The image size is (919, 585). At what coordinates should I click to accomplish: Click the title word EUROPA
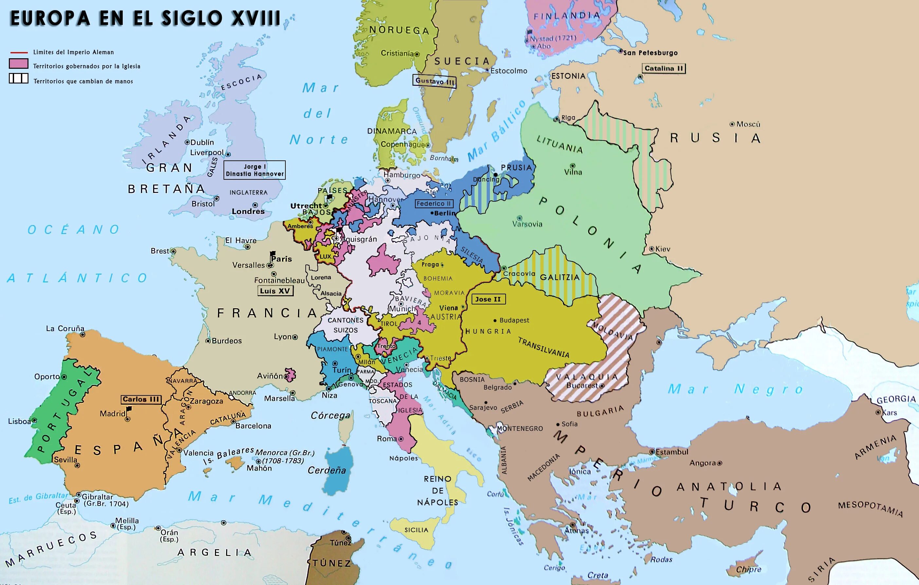[x=50, y=18]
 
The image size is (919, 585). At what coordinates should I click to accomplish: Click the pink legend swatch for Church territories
[x=18, y=64]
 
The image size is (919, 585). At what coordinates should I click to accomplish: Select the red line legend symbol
[x=18, y=52]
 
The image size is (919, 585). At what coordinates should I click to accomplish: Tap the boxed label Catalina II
[x=664, y=68]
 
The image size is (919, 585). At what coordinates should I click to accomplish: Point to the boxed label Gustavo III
[x=434, y=81]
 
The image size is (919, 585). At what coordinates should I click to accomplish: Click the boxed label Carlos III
[x=141, y=399]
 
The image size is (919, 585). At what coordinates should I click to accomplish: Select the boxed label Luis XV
[x=275, y=291]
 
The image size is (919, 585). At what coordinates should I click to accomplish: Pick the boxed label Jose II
[x=488, y=299]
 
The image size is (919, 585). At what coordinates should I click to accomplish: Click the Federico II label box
[x=434, y=204]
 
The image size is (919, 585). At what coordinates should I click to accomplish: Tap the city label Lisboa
[x=19, y=421]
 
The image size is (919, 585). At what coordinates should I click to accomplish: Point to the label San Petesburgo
[x=650, y=53]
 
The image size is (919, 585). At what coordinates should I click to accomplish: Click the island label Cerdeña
[x=327, y=470]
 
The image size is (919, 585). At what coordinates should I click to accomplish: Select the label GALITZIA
[x=560, y=278]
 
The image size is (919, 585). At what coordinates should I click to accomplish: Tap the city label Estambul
[x=672, y=452]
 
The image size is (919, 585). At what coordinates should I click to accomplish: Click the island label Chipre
[x=748, y=569]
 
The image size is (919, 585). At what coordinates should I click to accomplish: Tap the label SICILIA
[x=416, y=530]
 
